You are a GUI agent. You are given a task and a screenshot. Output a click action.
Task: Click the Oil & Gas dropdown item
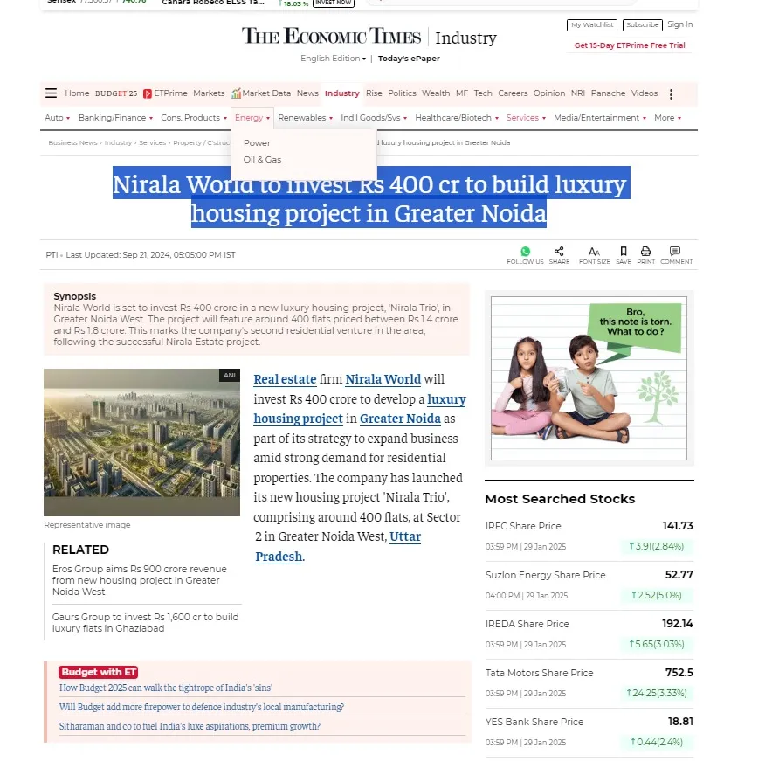coord(262,160)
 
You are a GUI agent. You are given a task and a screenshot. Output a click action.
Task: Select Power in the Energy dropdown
coord(257,142)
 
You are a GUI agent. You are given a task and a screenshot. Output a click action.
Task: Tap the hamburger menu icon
coord(52,93)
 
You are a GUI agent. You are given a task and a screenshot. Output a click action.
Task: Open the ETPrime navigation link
coord(165,93)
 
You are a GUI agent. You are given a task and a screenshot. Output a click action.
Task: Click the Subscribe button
coord(643,25)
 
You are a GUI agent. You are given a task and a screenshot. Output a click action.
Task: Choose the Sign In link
coord(679,24)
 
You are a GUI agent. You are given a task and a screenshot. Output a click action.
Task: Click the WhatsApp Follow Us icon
coord(525,252)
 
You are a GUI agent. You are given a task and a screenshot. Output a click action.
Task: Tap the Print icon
coord(645,252)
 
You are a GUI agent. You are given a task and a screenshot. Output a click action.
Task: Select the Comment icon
coord(675,252)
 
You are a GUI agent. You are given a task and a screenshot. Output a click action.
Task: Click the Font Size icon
coord(594,252)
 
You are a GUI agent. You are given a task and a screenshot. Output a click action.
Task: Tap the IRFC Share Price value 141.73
coord(677,526)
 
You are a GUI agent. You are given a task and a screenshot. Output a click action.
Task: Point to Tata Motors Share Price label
coord(539,673)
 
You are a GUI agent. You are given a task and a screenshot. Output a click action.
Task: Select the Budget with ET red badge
coord(98,672)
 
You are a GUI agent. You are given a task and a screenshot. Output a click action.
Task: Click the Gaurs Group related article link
coord(145,622)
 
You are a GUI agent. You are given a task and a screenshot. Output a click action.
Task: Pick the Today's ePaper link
coord(409,59)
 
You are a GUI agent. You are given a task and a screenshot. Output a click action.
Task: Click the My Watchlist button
coord(592,25)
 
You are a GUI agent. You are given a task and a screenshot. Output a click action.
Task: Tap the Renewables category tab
coord(303,118)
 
